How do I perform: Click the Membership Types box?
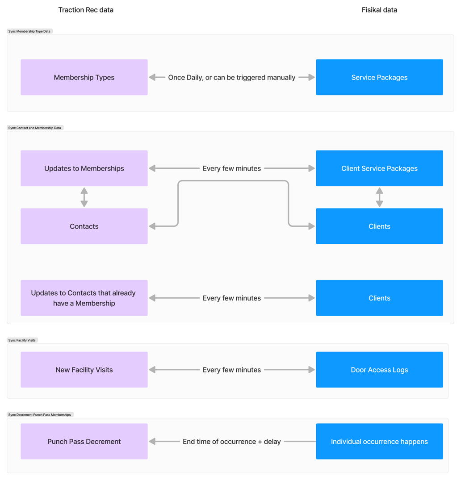point(84,77)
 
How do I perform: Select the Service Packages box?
point(379,77)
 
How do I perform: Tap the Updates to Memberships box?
point(84,168)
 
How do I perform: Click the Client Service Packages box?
point(379,168)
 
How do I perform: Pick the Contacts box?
point(84,226)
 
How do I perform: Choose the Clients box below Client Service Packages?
point(379,226)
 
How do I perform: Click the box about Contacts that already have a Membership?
point(84,298)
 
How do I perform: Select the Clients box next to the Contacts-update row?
point(379,298)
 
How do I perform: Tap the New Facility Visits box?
point(84,370)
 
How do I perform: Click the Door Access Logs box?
point(379,370)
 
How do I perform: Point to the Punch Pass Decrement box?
point(84,442)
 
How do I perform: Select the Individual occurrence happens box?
point(379,442)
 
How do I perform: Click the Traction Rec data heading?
point(86,10)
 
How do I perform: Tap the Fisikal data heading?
point(379,10)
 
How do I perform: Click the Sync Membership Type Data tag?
point(29,31)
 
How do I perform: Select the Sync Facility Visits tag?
point(22,340)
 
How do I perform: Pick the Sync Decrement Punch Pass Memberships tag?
point(40,415)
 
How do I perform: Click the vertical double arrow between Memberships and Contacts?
point(84,197)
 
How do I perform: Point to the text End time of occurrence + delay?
point(231,442)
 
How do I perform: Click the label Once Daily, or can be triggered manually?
point(231,77)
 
